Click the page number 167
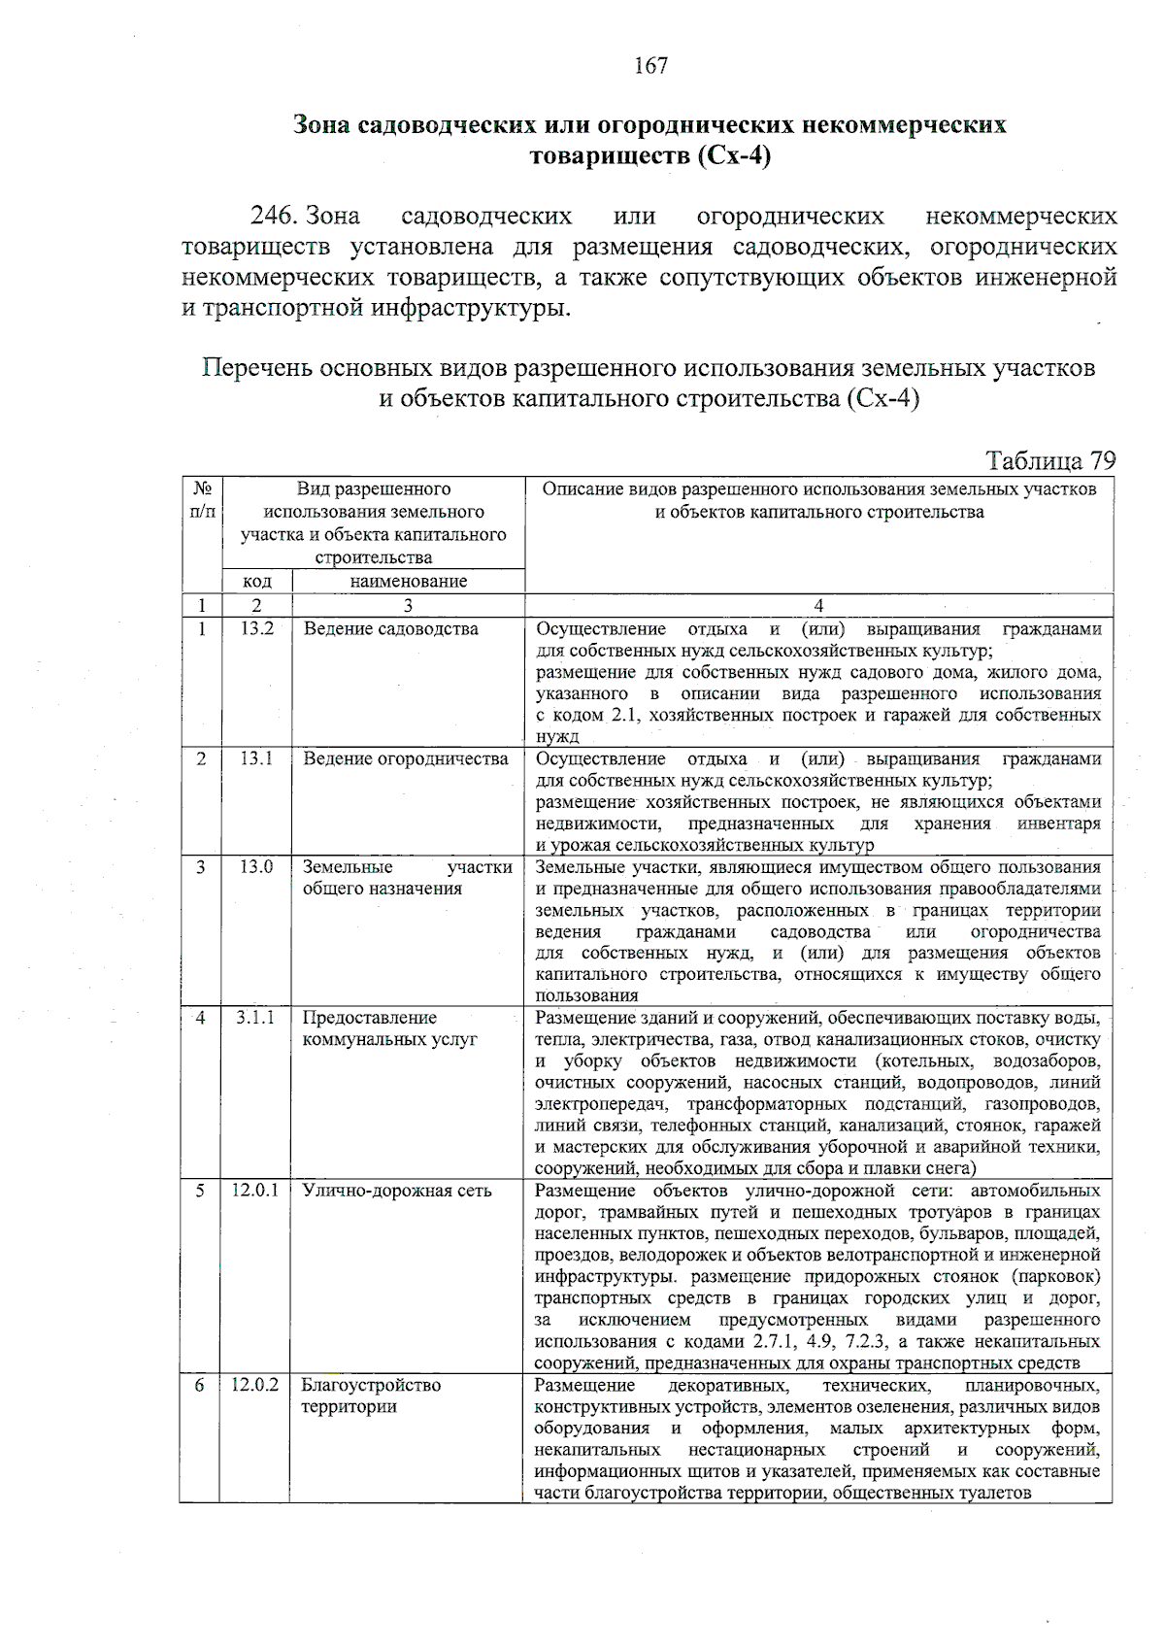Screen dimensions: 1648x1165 pyautogui.click(x=649, y=65)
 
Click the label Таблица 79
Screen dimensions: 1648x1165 pyautogui.click(x=1050, y=459)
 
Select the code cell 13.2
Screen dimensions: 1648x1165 pyautogui.click(x=257, y=628)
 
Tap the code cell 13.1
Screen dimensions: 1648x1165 pyautogui.click(x=257, y=758)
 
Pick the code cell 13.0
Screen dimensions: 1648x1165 pyautogui.click(x=257, y=866)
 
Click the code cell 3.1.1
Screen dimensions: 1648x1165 pyautogui.click(x=255, y=1018)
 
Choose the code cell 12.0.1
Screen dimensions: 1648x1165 pyautogui.click(x=255, y=1191)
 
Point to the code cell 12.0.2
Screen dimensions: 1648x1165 pyautogui.click(x=255, y=1385)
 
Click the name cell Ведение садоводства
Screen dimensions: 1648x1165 pyautogui.click(x=390, y=628)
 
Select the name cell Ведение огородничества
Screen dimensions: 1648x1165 pyautogui.click(x=406, y=758)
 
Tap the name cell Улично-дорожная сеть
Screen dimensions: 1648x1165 pyautogui.click(x=397, y=1191)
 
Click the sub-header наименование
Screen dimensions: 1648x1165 pyautogui.click(x=408, y=581)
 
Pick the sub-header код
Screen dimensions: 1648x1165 pyautogui.click(x=256, y=581)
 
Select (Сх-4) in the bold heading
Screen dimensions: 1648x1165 pyautogui.click(x=733, y=156)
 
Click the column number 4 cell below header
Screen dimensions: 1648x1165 pyautogui.click(x=818, y=605)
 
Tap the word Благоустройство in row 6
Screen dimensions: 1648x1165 pyautogui.click(x=371, y=1385)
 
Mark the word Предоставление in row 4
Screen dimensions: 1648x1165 pyautogui.click(x=370, y=1018)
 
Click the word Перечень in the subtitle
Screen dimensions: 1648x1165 pyautogui.click(x=257, y=369)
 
